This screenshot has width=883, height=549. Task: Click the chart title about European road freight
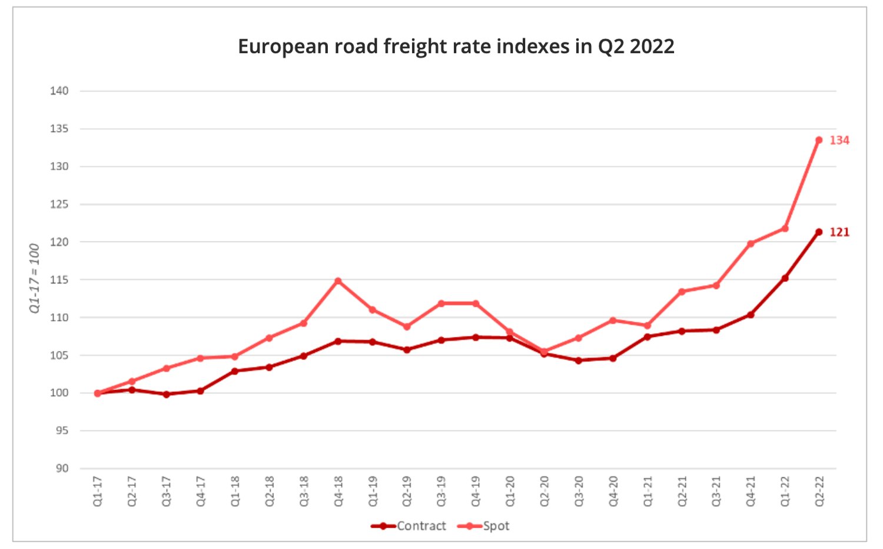456,47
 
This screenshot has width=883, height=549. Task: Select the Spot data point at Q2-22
819,140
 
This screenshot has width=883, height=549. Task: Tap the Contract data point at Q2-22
819,232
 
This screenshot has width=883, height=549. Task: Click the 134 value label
839,140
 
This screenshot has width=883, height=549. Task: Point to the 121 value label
839,232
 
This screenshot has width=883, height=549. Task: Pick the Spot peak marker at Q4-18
338,281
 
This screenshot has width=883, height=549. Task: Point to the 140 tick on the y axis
59,91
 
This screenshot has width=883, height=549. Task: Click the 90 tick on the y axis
62,468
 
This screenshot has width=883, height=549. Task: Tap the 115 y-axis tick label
59,280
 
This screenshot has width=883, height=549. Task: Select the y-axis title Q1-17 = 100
35,278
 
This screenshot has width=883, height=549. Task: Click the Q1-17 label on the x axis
98,491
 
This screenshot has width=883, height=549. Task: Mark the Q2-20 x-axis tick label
545,491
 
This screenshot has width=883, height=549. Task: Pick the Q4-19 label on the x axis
476,491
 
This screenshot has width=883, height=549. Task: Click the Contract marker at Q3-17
167,394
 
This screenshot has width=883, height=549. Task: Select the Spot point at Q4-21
751,243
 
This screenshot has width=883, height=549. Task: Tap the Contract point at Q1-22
785,278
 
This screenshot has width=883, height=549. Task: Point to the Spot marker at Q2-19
407,326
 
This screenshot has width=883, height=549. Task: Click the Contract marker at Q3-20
579,361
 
